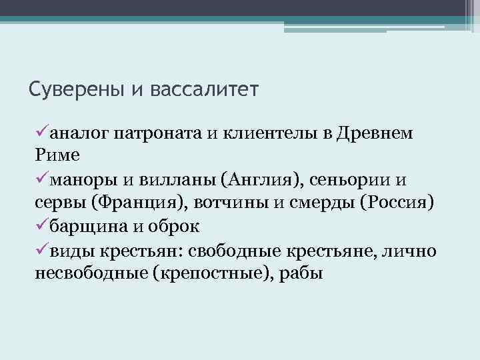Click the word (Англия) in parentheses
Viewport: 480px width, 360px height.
[259, 179]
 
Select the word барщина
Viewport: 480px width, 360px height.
[89, 226]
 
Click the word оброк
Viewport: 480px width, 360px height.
[171, 226]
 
